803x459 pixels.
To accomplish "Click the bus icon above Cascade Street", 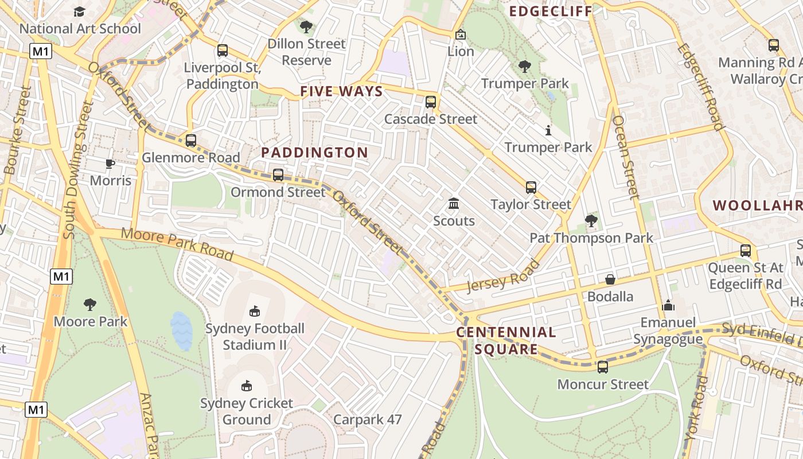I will (431, 102).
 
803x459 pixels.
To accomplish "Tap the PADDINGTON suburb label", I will (314, 153).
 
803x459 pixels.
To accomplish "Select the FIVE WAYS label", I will (341, 92).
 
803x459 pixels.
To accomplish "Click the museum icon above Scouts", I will (454, 204).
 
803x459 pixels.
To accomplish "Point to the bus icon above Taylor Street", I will (531, 187).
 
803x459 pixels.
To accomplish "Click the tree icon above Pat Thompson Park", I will (591, 221).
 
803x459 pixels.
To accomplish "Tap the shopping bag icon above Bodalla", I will (610, 279).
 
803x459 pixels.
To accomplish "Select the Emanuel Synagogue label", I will (668, 330).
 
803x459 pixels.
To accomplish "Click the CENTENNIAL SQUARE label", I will (506, 340).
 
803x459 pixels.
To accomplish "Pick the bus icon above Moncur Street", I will (602, 367).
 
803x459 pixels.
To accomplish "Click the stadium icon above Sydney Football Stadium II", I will (255, 312).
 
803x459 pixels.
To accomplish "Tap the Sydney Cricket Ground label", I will (247, 411).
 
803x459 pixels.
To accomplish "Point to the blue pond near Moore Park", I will (181, 331).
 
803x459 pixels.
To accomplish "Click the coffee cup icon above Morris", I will (110, 164).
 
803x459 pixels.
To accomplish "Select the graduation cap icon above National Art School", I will (79, 11).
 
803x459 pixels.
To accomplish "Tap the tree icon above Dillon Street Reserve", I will (306, 26).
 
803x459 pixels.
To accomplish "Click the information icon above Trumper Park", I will (548, 131).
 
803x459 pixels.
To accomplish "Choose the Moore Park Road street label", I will (177, 244).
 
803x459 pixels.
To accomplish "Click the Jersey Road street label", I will (503, 277).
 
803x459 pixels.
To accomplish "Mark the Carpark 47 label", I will (367, 419).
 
